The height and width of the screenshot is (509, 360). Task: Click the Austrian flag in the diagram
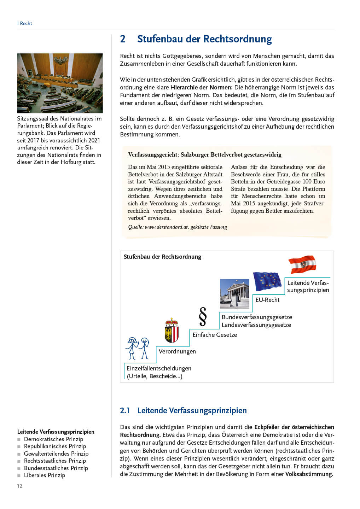tap(302, 264)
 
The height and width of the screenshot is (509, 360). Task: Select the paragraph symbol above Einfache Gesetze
tap(203, 316)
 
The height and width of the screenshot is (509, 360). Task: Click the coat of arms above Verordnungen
tap(172, 330)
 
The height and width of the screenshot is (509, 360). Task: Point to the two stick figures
tap(138, 348)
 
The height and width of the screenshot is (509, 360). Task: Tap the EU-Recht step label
tap(267, 300)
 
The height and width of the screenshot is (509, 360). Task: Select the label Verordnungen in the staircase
tap(177, 351)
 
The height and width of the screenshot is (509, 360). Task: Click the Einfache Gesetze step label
tap(215, 335)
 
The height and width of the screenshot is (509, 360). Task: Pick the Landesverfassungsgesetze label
tap(256, 325)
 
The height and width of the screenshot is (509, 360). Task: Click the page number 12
tap(20, 486)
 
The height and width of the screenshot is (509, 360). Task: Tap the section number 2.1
tap(125, 410)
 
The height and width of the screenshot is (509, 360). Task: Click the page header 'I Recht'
tap(25, 23)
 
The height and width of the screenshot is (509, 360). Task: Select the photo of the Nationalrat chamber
tap(60, 83)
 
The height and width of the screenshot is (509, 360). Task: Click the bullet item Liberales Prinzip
tap(45, 475)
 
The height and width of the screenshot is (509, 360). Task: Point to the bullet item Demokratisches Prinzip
tap(54, 439)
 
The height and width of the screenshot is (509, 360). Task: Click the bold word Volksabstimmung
tap(309, 474)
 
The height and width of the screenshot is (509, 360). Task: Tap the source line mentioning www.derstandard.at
tap(178, 227)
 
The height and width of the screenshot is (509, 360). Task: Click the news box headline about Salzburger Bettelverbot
tap(205, 154)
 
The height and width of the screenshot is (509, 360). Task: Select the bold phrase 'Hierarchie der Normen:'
tap(201, 87)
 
